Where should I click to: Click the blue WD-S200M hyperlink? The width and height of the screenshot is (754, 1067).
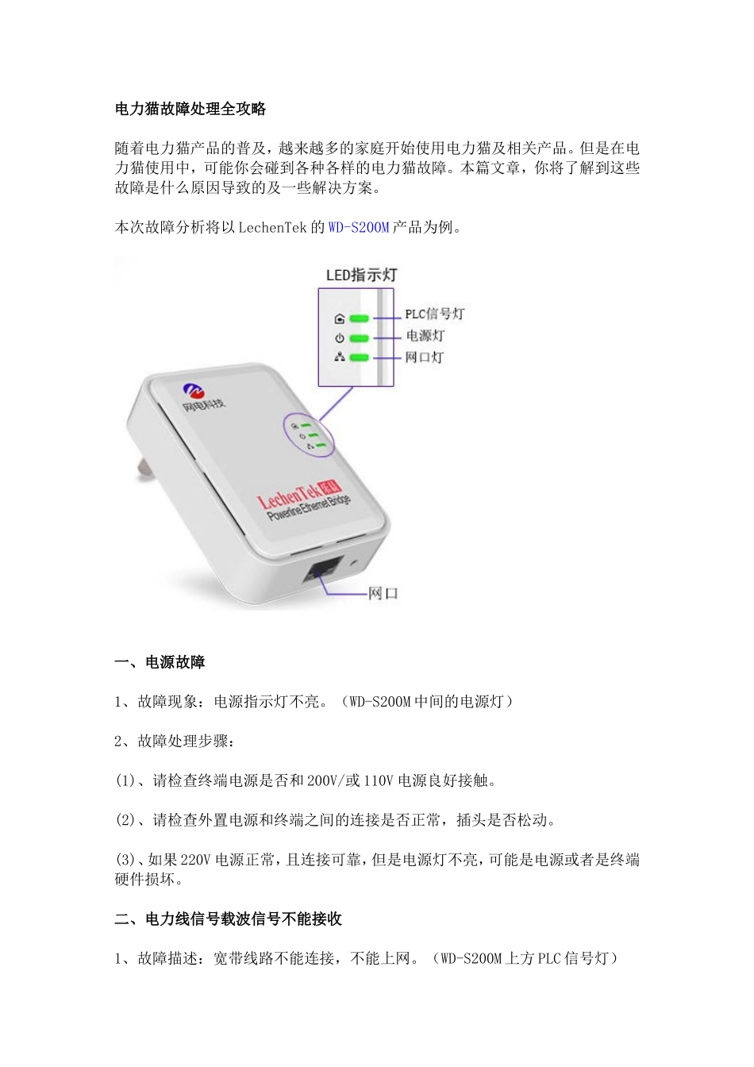(x=359, y=228)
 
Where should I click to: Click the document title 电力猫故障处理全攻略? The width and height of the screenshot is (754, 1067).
(x=190, y=110)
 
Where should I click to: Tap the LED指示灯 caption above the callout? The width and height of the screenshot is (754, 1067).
(x=361, y=275)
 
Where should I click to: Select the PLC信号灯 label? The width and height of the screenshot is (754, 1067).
(x=434, y=314)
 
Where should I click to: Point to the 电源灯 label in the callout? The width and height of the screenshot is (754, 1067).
(x=425, y=336)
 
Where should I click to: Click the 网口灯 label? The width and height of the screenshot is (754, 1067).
(x=425, y=357)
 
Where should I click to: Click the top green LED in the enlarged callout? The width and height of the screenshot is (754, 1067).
(x=360, y=318)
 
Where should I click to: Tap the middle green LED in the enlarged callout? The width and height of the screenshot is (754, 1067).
(x=360, y=338)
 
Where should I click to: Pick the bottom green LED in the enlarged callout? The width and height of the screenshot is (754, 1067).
(x=360, y=357)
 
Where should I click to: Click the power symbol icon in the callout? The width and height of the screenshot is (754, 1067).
(x=340, y=338)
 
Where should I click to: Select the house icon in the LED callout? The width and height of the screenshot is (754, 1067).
(x=340, y=319)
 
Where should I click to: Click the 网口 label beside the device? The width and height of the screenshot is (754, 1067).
(x=383, y=594)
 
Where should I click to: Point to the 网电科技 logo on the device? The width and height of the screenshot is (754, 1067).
(x=202, y=398)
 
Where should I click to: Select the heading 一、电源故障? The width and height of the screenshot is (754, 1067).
(x=160, y=663)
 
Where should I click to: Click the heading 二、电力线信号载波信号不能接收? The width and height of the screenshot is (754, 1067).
(x=229, y=919)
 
